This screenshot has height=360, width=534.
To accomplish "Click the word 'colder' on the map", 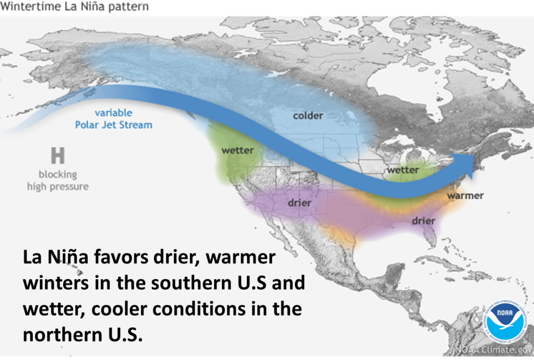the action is [x=308, y=116].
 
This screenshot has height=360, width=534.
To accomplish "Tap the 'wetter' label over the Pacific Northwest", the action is [x=238, y=150].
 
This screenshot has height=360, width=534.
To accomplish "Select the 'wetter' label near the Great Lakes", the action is [x=403, y=170].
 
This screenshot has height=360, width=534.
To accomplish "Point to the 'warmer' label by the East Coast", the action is [x=465, y=196].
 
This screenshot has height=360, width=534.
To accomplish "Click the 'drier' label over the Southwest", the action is [x=299, y=203].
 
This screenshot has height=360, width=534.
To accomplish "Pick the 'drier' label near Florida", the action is [x=424, y=221].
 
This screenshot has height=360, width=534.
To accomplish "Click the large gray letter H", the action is [x=58, y=155].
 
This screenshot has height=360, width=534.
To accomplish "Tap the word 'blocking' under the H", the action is [x=58, y=175].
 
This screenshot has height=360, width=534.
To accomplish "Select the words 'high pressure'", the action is [x=58, y=186].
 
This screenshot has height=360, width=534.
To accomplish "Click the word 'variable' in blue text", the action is [x=113, y=113].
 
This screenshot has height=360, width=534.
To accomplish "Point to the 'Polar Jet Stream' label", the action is [x=114, y=125].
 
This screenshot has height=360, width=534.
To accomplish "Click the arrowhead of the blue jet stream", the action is [x=465, y=165].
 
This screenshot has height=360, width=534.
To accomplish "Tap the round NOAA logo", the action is [x=505, y=322].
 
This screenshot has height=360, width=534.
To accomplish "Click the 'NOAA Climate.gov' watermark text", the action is [x=494, y=350].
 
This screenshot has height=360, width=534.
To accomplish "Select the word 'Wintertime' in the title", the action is [x=31, y=6].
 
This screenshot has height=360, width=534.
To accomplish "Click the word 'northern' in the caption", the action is [x=63, y=334].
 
